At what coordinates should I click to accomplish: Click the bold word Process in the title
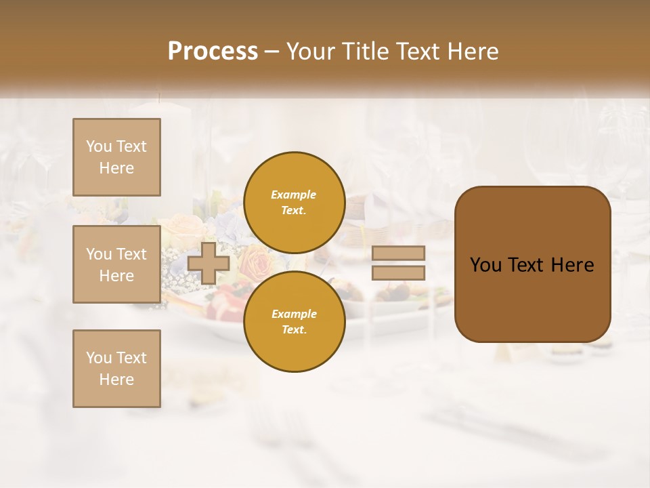[x=213, y=52]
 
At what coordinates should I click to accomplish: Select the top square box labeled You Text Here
[x=116, y=157]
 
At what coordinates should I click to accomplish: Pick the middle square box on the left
[x=116, y=264]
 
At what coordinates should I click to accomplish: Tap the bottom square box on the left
[x=116, y=368]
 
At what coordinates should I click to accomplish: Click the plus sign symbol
[x=209, y=263]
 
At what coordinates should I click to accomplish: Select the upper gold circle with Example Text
[x=294, y=202]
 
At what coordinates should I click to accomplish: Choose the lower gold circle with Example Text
[x=294, y=321]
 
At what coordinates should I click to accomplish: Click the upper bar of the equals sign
[x=398, y=253]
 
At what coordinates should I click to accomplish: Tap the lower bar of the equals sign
[x=398, y=272]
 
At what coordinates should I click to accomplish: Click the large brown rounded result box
[x=532, y=264]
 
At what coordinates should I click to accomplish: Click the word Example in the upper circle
[x=294, y=195]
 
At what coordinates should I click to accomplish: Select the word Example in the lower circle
[x=294, y=314]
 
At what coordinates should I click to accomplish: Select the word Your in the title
[x=311, y=52]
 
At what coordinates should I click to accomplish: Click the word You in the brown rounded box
[x=485, y=265]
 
